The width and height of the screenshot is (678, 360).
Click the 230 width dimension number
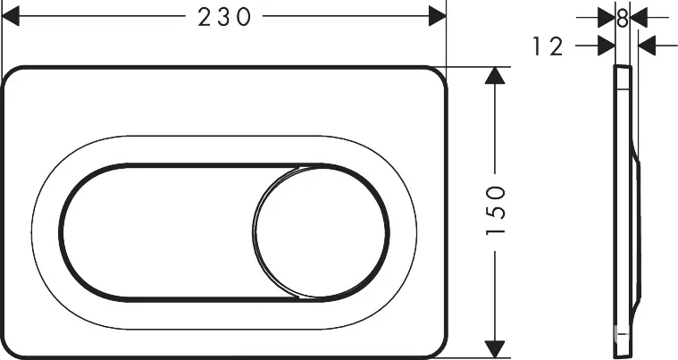coord(224,18)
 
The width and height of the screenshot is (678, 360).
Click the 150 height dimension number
coord(496,210)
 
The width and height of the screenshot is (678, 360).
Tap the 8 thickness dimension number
coord(623,19)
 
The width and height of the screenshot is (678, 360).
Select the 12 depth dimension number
coord(548,46)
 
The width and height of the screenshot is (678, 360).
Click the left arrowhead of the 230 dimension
coord(11,16)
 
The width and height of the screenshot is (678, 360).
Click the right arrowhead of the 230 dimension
coord(437,16)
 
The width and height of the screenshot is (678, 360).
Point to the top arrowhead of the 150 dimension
coord(495,75)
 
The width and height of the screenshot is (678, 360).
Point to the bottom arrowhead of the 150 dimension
coord(495,349)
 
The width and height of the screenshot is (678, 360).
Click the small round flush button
coord(320,233)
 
